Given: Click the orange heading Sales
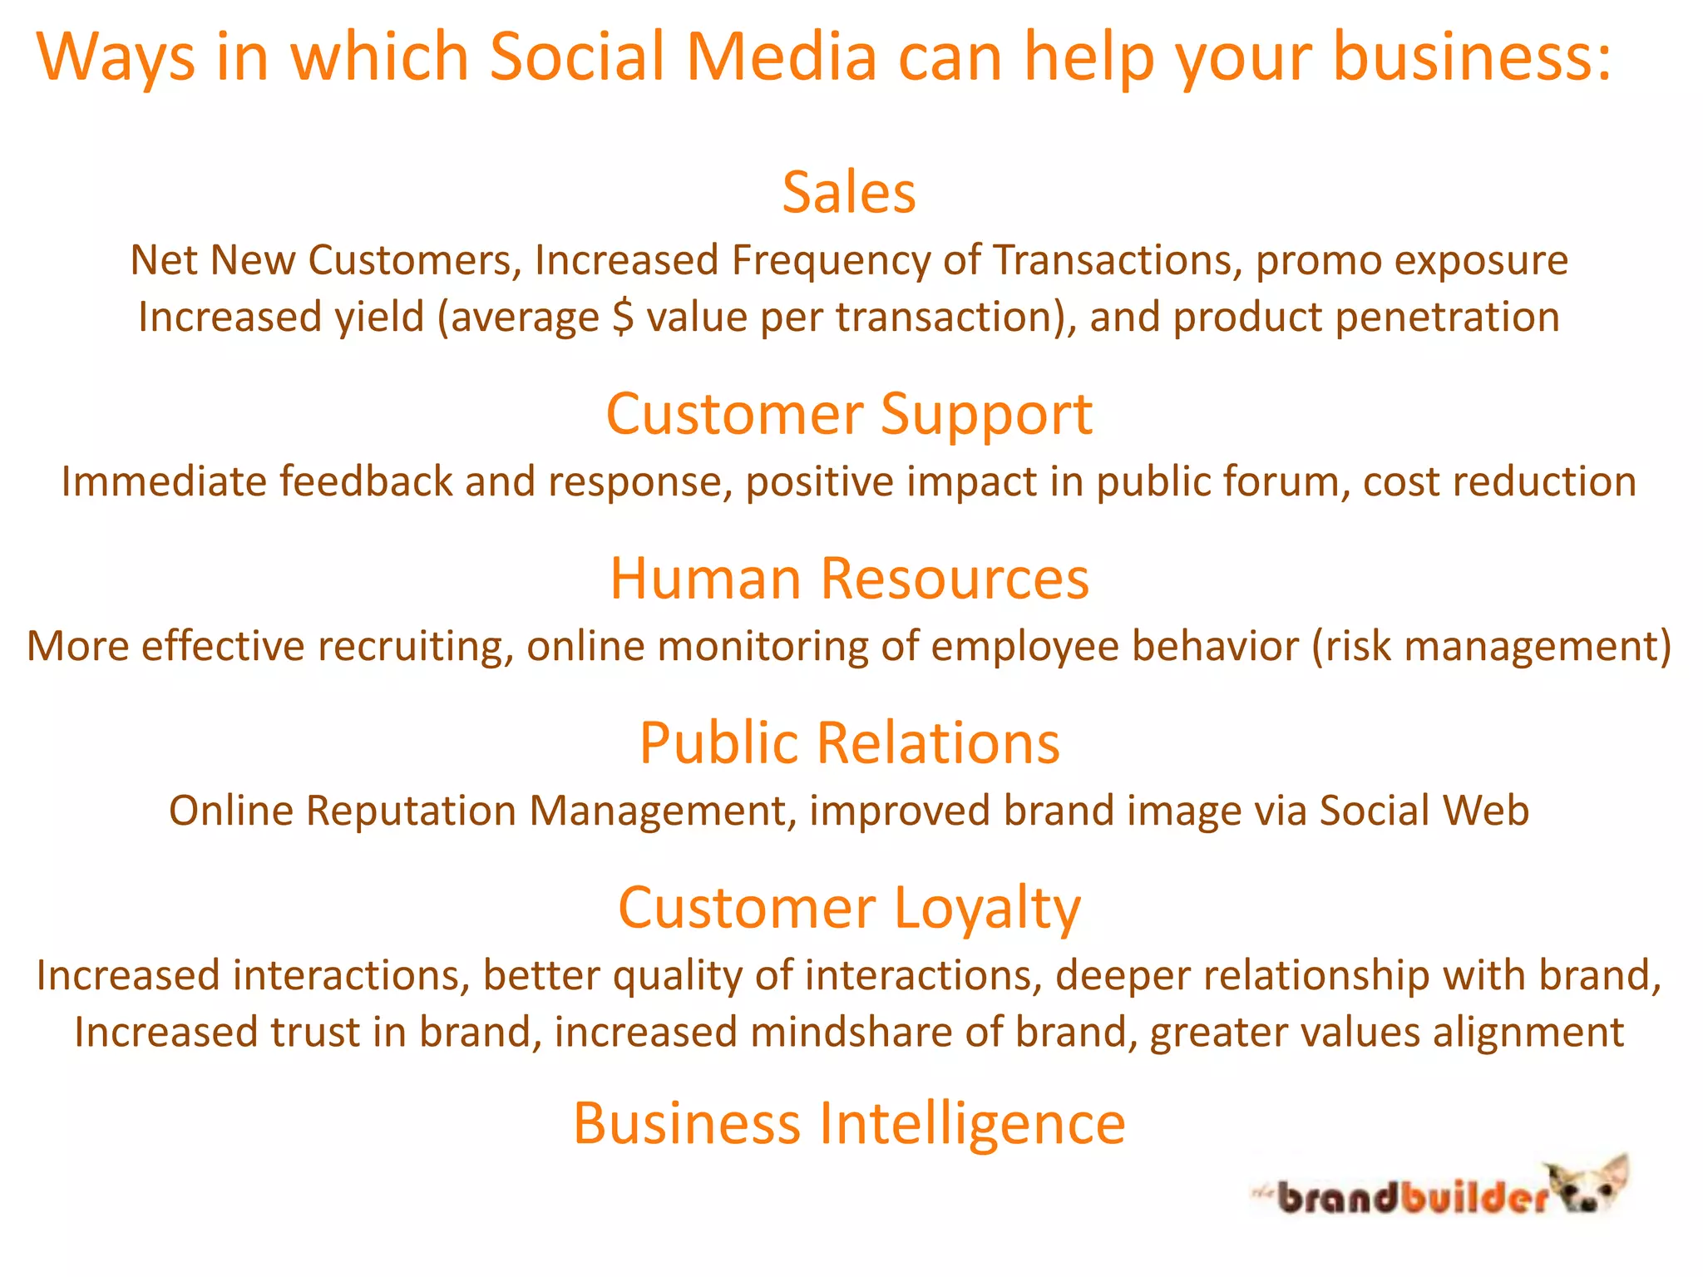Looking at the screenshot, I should click(849, 193).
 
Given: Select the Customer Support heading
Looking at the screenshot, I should click(849, 414).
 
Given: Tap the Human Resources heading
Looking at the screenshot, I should click(849, 579).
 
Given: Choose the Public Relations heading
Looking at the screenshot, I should click(849, 742).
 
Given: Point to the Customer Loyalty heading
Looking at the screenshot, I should click(849, 907).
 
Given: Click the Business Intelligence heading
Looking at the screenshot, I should click(849, 1123).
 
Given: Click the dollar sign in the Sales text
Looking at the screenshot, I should click(623, 318).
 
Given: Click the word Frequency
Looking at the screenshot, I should click(831, 260).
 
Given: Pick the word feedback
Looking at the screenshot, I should click(366, 482).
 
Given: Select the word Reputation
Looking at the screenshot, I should click(411, 811).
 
